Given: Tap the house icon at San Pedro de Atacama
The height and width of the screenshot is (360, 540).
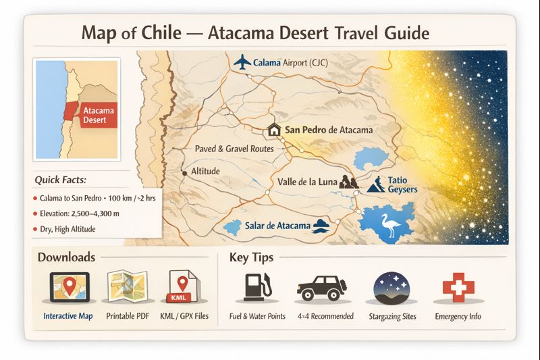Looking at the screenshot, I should [x=274, y=130].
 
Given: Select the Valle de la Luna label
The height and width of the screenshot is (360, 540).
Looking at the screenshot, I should [x=307, y=182].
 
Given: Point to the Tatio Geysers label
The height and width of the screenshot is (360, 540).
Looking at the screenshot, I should [x=402, y=184].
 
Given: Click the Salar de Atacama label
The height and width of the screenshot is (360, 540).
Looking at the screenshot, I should [x=277, y=226].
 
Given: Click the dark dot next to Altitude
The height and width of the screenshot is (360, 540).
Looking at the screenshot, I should [x=184, y=172].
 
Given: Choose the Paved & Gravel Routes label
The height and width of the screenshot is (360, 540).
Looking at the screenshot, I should [x=234, y=148].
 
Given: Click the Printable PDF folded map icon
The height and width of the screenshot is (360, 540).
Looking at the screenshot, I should [x=127, y=288].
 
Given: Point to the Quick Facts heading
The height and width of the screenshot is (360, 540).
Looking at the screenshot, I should [x=65, y=180].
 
